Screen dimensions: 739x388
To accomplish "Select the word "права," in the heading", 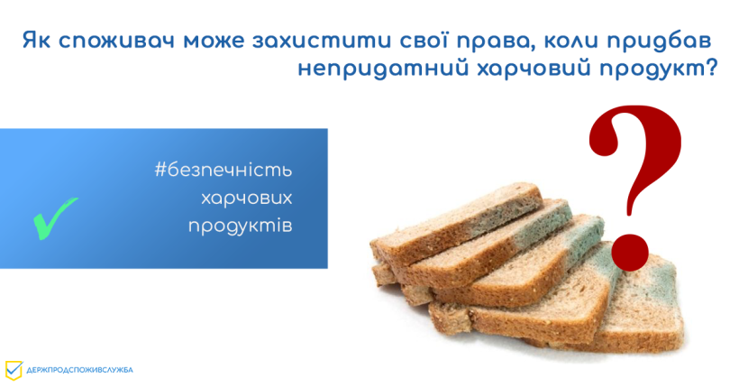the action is [495, 42].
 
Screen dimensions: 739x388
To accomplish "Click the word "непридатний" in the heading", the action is [383, 69].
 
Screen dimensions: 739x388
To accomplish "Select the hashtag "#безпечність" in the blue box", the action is [224, 170].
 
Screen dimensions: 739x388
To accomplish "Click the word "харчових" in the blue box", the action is [247, 198].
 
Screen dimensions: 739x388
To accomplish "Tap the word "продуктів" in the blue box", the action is [241, 226].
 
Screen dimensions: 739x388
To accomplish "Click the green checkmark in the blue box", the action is [54, 218].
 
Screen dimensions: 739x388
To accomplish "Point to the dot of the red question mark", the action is [630, 252].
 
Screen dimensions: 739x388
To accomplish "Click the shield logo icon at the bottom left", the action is [14, 371].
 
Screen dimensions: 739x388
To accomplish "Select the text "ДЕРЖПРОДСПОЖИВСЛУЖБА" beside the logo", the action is [79, 370].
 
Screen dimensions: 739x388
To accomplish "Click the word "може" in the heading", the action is [214, 42].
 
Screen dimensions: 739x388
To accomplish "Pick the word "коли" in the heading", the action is [570, 42].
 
